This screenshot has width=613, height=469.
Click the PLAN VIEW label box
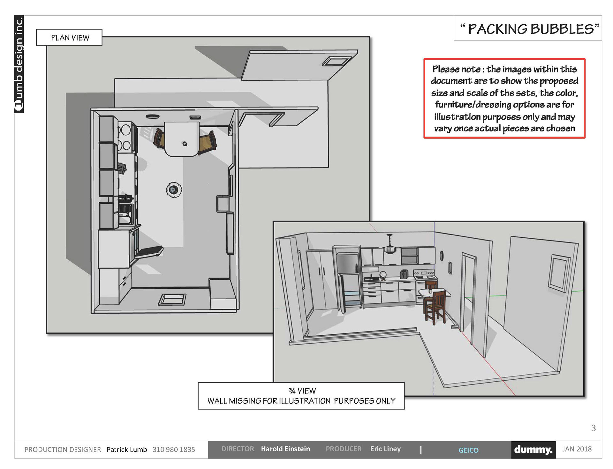click(x=69, y=37)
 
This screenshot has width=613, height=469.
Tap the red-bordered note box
click(x=504, y=99)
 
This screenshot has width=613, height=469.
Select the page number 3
click(x=594, y=428)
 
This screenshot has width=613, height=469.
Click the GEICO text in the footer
click(x=468, y=450)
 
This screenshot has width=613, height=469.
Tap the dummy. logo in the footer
click(x=533, y=450)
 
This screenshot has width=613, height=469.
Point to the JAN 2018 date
click(x=577, y=449)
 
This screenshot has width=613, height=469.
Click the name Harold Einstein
click(x=285, y=449)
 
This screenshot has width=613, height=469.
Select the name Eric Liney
click(x=385, y=449)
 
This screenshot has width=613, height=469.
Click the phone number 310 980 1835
click(x=174, y=450)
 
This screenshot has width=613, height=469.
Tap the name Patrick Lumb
click(x=127, y=450)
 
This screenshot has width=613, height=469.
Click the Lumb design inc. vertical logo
click(x=19, y=64)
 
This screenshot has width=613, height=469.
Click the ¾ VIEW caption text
click(x=302, y=391)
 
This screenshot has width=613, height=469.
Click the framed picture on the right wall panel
click(x=559, y=273)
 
